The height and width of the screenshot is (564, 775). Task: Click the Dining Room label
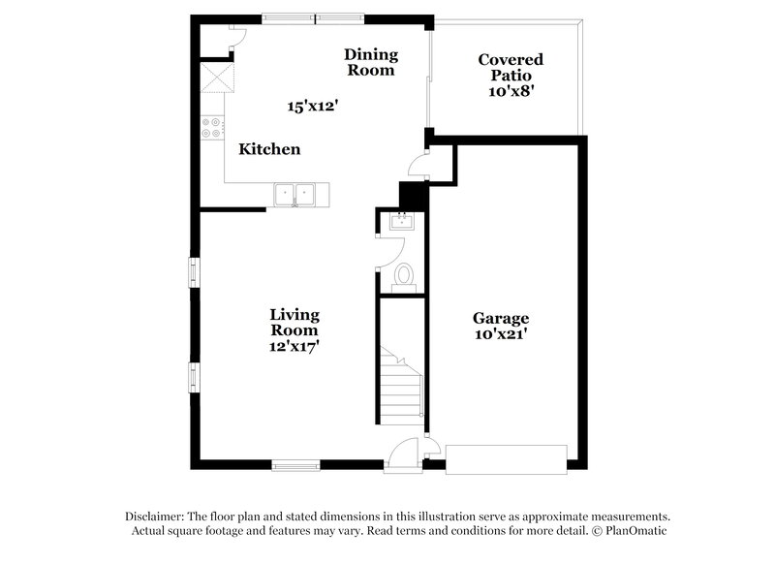click(x=370, y=62)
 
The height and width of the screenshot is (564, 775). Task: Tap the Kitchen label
click(x=269, y=149)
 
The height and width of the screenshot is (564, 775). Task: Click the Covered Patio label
click(x=511, y=67)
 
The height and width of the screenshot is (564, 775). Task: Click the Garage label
click(x=501, y=318)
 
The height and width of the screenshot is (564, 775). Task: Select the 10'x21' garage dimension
click(x=501, y=334)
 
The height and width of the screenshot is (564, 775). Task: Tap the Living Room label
click(x=294, y=323)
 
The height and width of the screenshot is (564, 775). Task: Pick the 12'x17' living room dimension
click(x=294, y=345)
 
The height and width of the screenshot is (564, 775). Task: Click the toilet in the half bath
click(x=404, y=277)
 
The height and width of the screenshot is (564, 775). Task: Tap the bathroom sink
click(x=400, y=223)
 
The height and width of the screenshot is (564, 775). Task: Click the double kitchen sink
click(x=300, y=195)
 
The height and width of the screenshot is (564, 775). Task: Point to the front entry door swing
click(x=404, y=454)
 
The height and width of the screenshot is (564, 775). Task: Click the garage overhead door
click(x=507, y=457)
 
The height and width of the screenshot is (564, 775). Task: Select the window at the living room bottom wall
click(x=295, y=466)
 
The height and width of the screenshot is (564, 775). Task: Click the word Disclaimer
click(x=156, y=517)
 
